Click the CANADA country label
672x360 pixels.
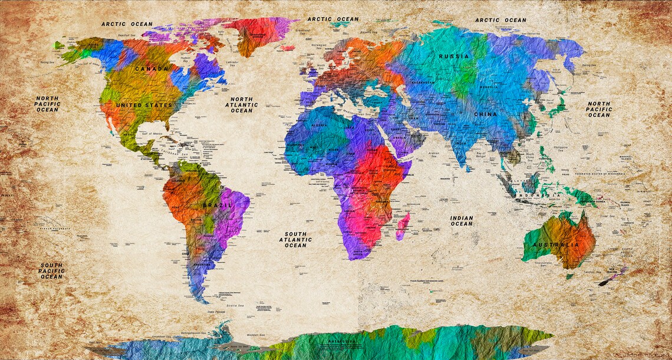(151, 69)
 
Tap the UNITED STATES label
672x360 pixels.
(144, 105)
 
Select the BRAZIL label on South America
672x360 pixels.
(217, 204)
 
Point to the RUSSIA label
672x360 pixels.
(454, 57)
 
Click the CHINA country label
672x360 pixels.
(485, 114)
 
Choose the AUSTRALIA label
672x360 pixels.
(556, 245)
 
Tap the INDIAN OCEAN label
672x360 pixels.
(462, 221)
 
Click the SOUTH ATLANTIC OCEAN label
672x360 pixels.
(295, 240)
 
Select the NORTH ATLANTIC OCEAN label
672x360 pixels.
(242, 105)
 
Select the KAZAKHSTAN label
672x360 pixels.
(423, 83)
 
